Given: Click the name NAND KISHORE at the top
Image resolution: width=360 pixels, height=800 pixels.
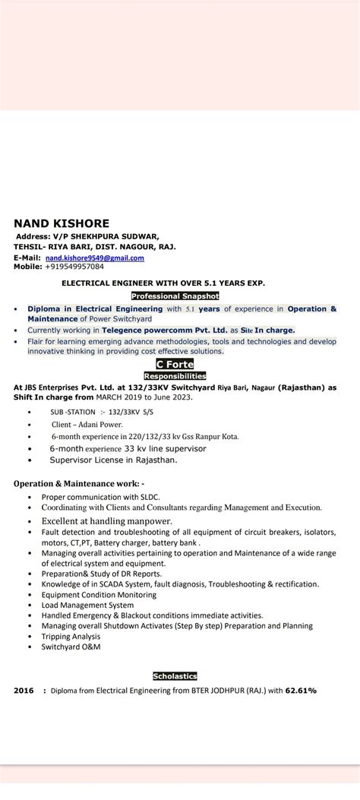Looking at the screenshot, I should pyautogui.click(x=62, y=223).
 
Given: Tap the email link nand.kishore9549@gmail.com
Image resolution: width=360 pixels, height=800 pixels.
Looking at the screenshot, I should pyautogui.click(x=94, y=258).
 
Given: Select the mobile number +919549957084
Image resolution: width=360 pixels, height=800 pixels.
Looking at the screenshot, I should pyautogui.click(x=74, y=267).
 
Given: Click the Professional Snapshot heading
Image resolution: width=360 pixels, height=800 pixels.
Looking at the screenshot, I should pyautogui.click(x=175, y=296).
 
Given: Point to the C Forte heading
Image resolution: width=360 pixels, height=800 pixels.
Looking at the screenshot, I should pyautogui.click(x=175, y=365).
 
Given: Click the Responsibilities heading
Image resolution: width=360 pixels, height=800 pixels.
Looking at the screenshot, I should pyautogui.click(x=175, y=375).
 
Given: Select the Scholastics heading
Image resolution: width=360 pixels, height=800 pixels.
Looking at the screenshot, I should pyautogui.click(x=175, y=675).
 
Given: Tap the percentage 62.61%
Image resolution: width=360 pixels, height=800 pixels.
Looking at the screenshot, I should pyautogui.click(x=301, y=691).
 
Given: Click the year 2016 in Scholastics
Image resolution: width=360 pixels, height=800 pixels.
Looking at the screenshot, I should pyautogui.click(x=24, y=691).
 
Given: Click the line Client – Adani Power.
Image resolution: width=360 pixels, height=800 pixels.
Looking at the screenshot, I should pyautogui.click(x=87, y=425).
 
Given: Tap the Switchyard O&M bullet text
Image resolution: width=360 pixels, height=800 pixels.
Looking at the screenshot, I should pyautogui.click(x=71, y=647).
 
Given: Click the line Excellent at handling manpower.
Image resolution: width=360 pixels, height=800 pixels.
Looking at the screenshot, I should pyautogui.click(x=107, y=521).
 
